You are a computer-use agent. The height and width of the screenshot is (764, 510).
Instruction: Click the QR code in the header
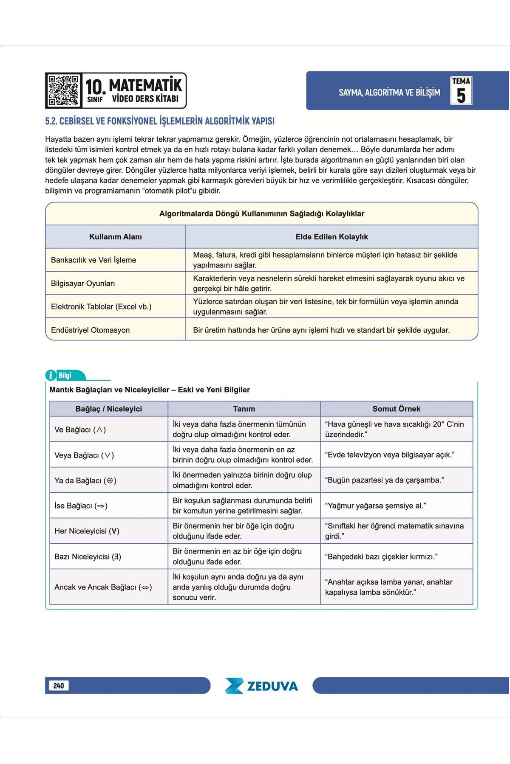(x=63, y=90)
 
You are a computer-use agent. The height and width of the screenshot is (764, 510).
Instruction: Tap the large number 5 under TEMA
(x=461, y=95)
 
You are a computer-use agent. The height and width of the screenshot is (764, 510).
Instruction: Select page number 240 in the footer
(x=59, y=685)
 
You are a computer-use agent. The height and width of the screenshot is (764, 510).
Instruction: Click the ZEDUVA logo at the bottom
(x=261, y=686)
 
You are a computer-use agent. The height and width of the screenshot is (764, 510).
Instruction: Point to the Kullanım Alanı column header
(x=116, y=237)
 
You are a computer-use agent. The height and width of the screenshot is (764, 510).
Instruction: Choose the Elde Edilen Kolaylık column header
(x=331, y=237)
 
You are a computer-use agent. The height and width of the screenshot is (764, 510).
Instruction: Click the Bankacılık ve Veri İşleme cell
(x=93, y=260)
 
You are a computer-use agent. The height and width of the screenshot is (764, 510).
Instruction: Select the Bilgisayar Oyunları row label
(x=83, y=284)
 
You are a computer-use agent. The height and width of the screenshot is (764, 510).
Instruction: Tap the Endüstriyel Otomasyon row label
(x=90, y=330)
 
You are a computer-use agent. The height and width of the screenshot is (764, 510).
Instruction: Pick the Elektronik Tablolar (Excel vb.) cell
(x=101, y=306)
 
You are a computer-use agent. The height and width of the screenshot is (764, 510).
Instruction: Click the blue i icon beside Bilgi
(x=51, y=375)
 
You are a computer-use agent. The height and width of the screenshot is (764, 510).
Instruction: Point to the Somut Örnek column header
(x=396, y=409)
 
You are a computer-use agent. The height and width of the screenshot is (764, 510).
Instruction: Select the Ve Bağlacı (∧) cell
(x=80, y=430)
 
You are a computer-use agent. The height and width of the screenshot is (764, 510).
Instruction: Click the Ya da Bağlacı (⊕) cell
(x=85, y=480)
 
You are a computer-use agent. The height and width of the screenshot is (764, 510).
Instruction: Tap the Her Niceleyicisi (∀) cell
(x=87, y=531)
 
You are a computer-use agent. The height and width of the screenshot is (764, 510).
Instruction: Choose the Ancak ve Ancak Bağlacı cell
(x=103, y=587)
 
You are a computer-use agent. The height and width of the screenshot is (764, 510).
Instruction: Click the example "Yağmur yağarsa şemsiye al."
(x=375, y=506)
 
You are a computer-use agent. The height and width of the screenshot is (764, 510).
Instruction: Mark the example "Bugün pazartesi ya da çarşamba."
(x=384, y=480)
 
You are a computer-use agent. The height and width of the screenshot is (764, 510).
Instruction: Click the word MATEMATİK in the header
(x=145, y=85)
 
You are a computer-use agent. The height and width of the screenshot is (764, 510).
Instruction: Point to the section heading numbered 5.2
(x=160, y=121)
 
